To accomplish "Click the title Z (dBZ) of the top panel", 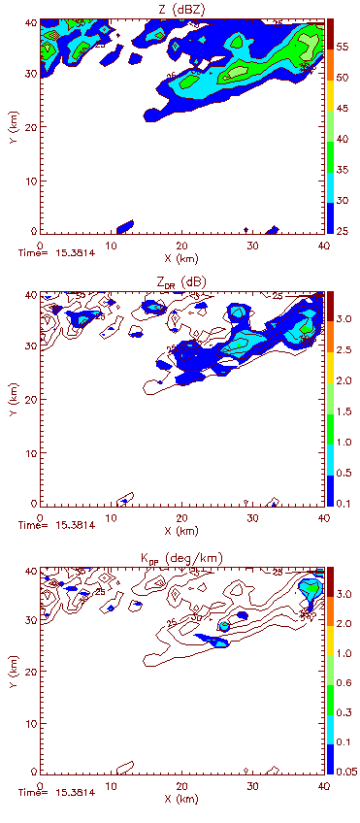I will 180,9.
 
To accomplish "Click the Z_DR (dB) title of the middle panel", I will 180,282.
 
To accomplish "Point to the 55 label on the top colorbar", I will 344,45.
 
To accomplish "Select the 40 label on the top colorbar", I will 344,138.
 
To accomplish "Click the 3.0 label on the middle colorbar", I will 346,318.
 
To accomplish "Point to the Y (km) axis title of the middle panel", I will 9,398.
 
